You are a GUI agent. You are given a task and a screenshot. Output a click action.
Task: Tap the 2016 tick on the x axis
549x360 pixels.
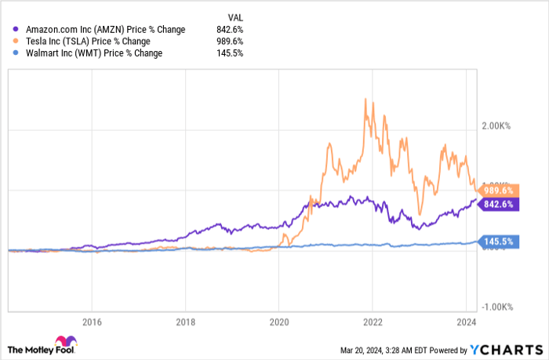[x=92, y=321]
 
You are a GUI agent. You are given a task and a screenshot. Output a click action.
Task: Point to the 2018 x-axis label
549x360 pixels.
[x=185, y=321]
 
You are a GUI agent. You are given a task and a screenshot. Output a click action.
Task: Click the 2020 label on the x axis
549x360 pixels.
[x=279, y=321]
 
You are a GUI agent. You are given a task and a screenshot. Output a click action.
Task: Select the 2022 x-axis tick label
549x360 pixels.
[x=373, y=321]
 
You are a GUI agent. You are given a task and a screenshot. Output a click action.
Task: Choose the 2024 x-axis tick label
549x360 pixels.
[x=467, y=321]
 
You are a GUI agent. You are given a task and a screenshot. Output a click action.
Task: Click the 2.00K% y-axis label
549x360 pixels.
[x=497, y=125]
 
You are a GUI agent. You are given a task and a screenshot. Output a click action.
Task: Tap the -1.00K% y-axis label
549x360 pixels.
[x=497, y=307]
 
